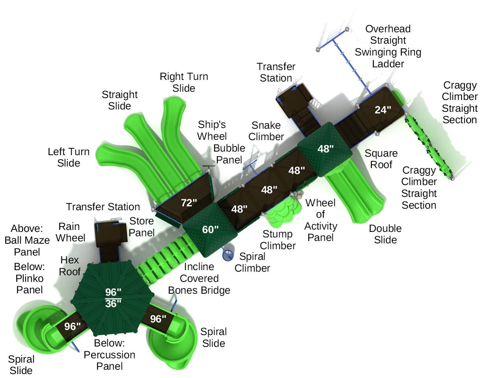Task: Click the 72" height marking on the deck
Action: (189, 203)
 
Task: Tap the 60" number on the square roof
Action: (210, 229)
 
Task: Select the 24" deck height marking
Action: (383, 110)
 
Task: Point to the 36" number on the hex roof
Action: (113, 304)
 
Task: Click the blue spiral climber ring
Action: (228, 255)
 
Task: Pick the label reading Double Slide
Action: (385, 234)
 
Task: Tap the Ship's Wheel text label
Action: (212, 130)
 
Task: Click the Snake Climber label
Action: (266, 131)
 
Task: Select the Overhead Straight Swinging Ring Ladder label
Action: (388, 46)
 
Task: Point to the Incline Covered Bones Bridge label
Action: (199, 278)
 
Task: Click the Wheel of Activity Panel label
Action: (321, 220)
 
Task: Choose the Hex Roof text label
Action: (70, 266)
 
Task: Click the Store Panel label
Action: (141, 227)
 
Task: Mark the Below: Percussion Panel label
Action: (109, 354)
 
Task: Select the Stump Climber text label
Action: (278, 240)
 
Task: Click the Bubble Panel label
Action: (229, 154)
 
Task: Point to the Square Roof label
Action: (381, 159)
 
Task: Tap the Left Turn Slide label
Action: (69, 157)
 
